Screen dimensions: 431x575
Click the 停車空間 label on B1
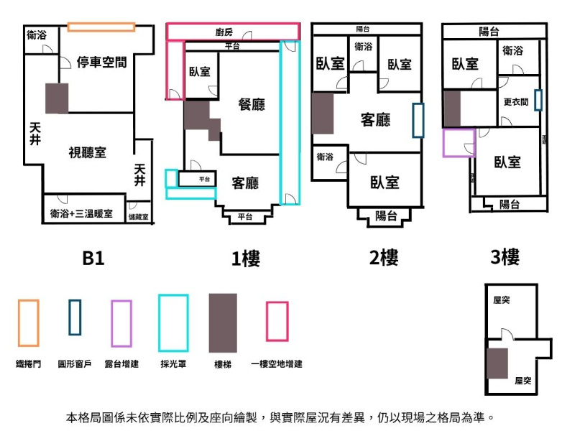pyautogui.click(x=101, y=62)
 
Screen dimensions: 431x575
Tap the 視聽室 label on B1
pyautogui.click(x=88, y=152)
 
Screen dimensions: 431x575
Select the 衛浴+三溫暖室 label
pyautogui.click(x=81, y=213)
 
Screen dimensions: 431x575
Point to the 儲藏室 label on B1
pyautogui.click(x=139, y=216)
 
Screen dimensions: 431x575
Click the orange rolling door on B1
pyautogui.click(x=101, y=27)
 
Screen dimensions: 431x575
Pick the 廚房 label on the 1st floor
pyautogui.click(x=224, y=32)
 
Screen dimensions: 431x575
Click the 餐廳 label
pyautogui.click(x=252, y=105)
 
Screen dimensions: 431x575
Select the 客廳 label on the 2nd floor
pyautogui.click(x=375, y=119)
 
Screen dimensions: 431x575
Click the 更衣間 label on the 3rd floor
pyautogui.click(x=516, y=102)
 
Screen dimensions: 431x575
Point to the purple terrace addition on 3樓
pyautogui.click(x=459, y=142)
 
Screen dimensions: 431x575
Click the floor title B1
pyautogui.click(x=93, y=258)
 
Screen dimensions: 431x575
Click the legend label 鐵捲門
pyautogui.click(x=29, y=364)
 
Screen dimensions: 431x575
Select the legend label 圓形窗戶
pyautogui.click(x=75, y=364)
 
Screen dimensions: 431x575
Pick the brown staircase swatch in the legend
pyautogui.click(x=223, y=323)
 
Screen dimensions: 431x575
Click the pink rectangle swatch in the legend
pyautogui.click(x=277, y=321)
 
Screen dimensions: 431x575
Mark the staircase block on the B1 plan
pyautogui.click(x=57, y=98)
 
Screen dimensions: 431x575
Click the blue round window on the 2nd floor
pyautogui.click(x=418, y=120)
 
